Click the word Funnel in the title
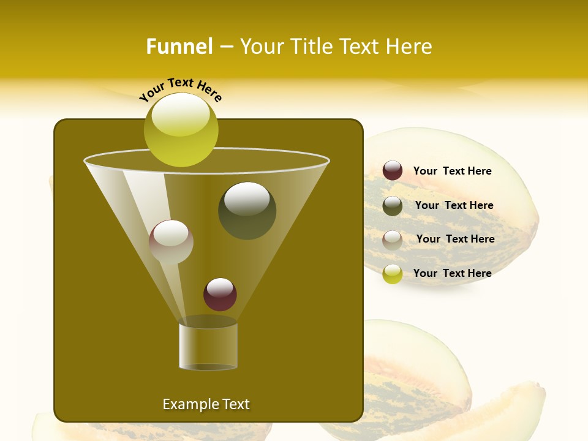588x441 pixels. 179,47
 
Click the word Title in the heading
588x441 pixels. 312,47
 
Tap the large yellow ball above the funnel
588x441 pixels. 181,130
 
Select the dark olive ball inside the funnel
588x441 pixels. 247,210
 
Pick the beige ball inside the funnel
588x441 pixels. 171,242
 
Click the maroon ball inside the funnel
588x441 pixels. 220,294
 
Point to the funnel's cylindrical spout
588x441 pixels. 208,346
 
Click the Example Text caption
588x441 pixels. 206,404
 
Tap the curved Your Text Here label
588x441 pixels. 180,89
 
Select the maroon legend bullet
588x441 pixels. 393,170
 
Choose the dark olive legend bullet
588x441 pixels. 393,206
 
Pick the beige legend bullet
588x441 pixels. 393,239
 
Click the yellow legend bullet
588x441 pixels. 393,274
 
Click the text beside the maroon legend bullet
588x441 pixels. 452,171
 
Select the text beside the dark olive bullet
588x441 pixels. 454,205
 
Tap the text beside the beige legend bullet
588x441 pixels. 455,239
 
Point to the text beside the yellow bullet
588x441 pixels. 452,273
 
